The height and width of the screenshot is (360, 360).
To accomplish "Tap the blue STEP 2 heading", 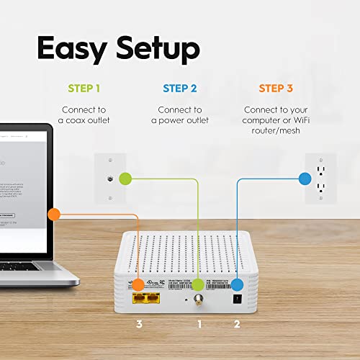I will tap(180, 89).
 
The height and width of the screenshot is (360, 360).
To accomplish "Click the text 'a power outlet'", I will tap(180, 120).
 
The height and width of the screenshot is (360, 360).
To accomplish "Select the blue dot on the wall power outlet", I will tap(302, 176).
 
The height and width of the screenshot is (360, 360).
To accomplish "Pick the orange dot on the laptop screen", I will tap(52, 214).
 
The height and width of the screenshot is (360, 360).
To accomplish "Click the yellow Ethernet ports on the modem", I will tap(145, 296).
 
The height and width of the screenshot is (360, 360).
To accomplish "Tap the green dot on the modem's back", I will tap(199, 284).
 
